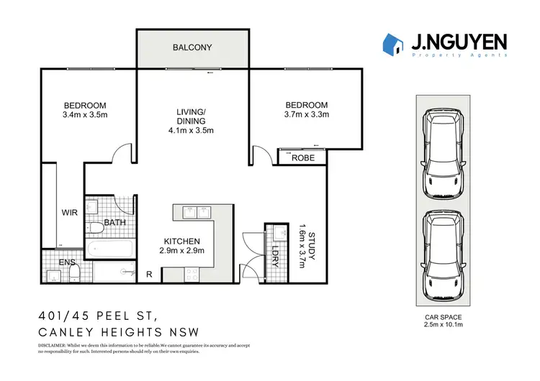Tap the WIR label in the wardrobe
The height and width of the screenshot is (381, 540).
(x=70, y=213)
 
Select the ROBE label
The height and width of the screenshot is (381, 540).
(x=303, y=158)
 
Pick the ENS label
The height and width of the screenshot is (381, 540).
(x=67, y=263)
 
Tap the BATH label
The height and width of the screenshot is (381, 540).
(x=115, y=223)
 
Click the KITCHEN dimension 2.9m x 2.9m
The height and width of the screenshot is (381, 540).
(x=183, y=251)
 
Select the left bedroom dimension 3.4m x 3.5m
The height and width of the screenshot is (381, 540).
(x=85, y=114)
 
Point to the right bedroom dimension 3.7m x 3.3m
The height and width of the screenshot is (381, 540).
(x=306, y=114)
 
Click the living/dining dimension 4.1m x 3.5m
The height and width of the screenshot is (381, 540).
(x=191, y=131)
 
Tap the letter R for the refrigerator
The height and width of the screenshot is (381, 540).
(x=149, y=274)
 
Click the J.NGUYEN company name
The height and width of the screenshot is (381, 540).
(x=459, y=42)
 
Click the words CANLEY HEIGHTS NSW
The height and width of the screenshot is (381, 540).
(x=118, y=331)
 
